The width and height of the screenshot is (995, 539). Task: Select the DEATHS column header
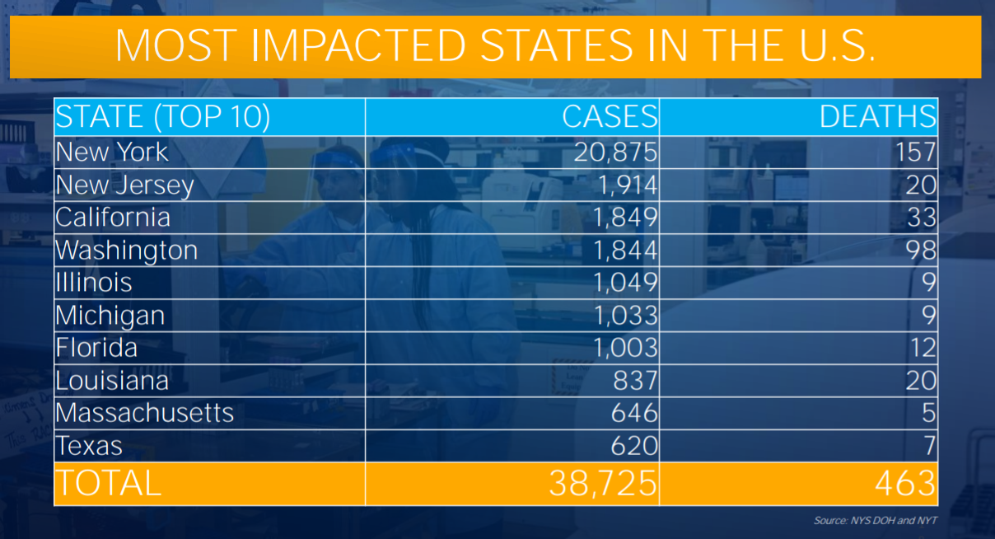(x=877, y=117)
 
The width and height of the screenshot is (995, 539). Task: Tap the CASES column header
(x=610, y=117)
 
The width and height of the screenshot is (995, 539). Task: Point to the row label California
(x=113, y=218)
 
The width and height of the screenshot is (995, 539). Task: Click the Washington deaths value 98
(x=920, y=251)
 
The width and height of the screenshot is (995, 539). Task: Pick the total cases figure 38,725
(x=603, y=484)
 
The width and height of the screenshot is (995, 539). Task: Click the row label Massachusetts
(x=144, y=413)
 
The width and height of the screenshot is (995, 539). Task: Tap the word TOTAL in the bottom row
(x=108, y=484)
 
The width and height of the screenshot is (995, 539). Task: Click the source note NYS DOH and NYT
(x=875, y=521)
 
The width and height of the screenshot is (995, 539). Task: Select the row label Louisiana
(x=112, y=381)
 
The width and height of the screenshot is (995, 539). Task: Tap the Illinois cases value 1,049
(x=625, y=283)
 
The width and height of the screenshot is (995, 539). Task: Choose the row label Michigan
(x=110, y=316)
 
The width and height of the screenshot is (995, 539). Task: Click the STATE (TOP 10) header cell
(x=162, y=117)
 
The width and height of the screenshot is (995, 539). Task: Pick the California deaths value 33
(x=920, y=218)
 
